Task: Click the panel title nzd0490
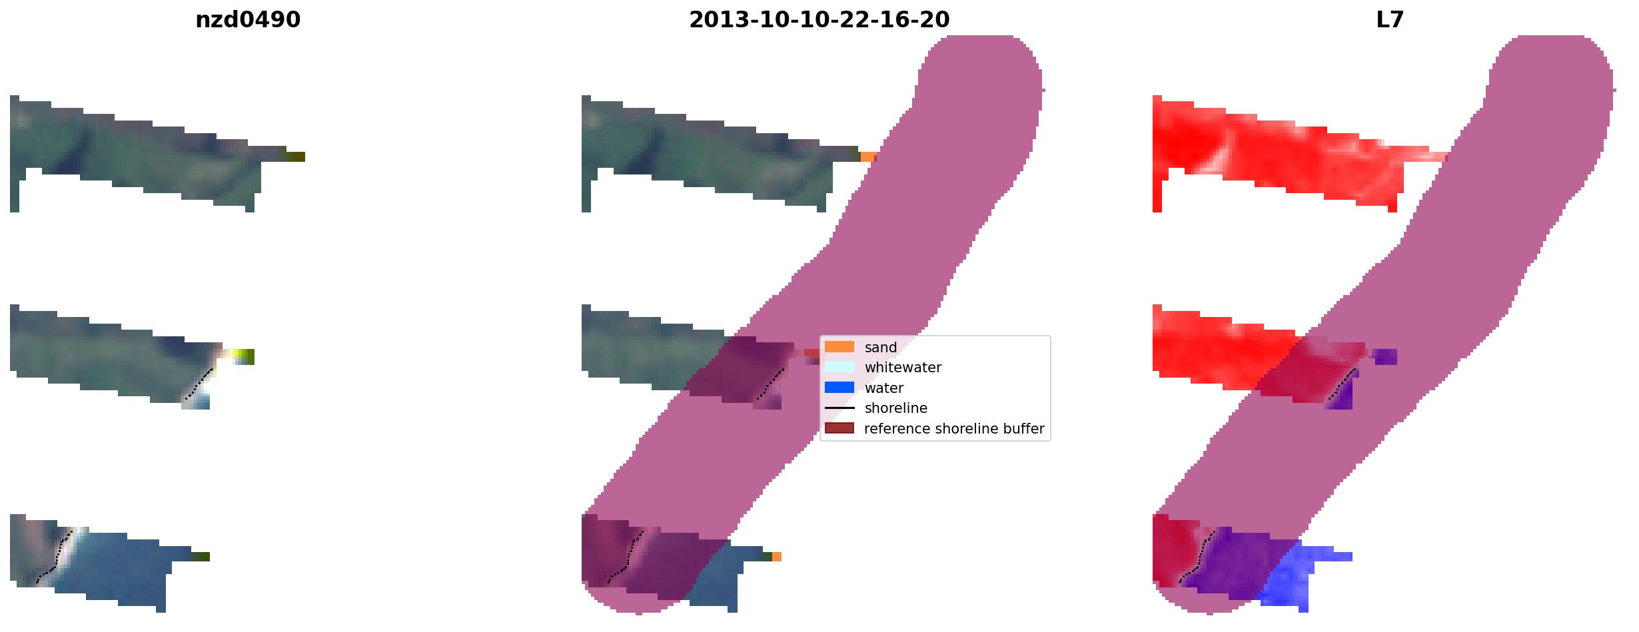point(248,20)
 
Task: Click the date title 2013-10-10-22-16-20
point(819,20)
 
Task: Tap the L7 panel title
point(1390,20)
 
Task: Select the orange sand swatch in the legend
point(839,347)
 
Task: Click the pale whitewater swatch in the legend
point(839,367)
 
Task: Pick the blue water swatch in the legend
point(839,388)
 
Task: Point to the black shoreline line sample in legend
point(839,408)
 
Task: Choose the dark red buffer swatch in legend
point(839,428)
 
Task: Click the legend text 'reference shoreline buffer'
point(954,429)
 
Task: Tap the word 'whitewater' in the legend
point(903,368)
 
